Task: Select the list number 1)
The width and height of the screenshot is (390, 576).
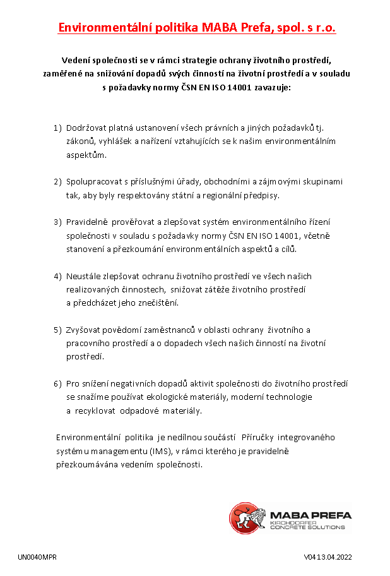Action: (x=57, y=128)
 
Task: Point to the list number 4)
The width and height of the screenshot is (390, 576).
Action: (x=57, y=276)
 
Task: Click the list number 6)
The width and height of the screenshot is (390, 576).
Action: (x=57, y=383)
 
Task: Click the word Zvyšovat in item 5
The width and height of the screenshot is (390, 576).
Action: (x=84, y=330)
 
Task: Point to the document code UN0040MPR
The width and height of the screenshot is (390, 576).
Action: (x=37, y=558)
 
